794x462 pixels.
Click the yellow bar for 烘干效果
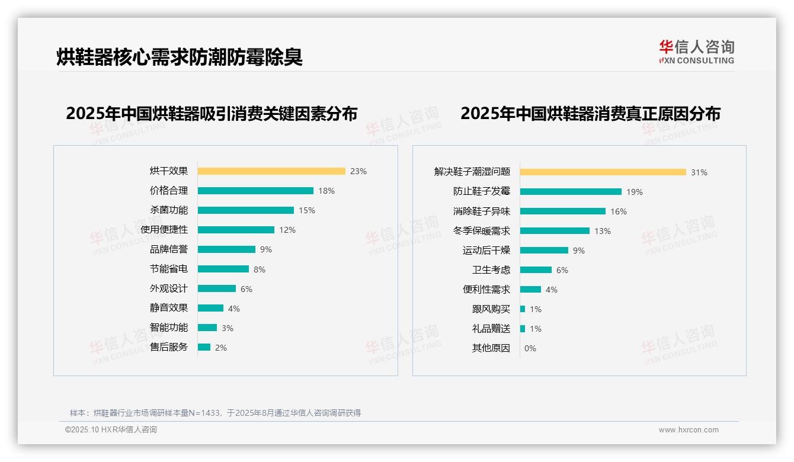pyautogui.click(x=271, y=171)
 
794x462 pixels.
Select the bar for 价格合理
pyautogui.click(x=255, y=191)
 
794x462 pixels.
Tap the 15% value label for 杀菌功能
pyautogui.click(x=307, y=210)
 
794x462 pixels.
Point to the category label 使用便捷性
pyautogui.click(x=164, y=230)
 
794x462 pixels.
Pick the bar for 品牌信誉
pyautogui.click(x=226, y=249)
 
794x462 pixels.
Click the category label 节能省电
pyautogui.click(x=169, y=269)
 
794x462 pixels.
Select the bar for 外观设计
pyautogui.click(x=216, y=288)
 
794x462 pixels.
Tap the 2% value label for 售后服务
pyautogui.click(x=221, y=348)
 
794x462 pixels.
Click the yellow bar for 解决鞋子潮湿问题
pyautogui.click(x=603, y=172)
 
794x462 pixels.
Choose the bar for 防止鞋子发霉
pyautogui.click(x=571, y=192)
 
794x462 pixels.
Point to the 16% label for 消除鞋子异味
pyautogui.click(x=619, y=211)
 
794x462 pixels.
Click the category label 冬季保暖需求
pyautogui.click(x=482, y=231)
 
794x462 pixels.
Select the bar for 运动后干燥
pyautogui.click(x=544, y=251)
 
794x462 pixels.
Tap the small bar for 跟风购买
pyautogui.click(x=523, y=309)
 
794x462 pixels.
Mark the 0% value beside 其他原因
pyautogui.click(x=530, y=348)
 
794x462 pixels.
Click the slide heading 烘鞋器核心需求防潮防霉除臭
pyautogui.click(x=180, y=57)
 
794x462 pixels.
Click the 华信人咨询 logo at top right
pyautogui.click(x=696, y=52)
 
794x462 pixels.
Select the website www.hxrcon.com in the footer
pyautogui.click(x=689, y=430)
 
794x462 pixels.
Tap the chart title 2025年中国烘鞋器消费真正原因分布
pyautogui.click(x=590, y=113)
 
